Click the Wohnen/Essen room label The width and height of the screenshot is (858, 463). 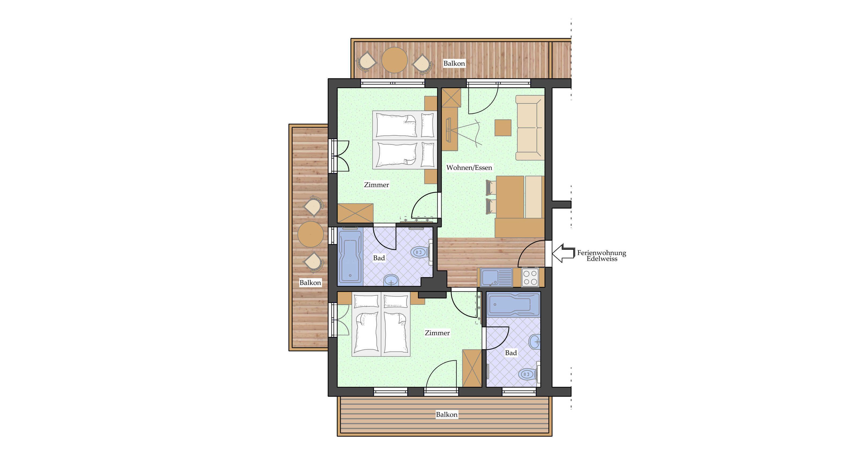click(x=469, y=168)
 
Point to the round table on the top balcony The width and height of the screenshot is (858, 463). click(x=394, y=60)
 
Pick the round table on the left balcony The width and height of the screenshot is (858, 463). click(x=310, y=234)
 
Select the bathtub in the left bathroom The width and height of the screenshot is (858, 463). click(x=350, y=257)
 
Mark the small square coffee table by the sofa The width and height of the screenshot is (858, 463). click(x=503, y=128)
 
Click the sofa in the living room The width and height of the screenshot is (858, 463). click(x=530, y=128)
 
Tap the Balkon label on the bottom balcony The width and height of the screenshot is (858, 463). click(x=447, y=415)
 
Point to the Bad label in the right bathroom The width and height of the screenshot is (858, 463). click(x=511, y=353)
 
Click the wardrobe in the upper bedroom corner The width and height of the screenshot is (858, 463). click(x=355, y=213)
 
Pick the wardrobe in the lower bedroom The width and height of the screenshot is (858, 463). click(x=472, y=368)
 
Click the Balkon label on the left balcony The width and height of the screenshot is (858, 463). click(x=310, y=283)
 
